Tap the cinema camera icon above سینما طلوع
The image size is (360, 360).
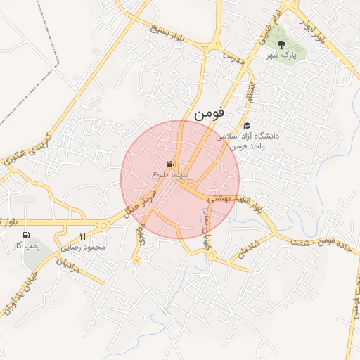click(x=171, y=163)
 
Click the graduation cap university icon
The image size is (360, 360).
click(x=247, y=125)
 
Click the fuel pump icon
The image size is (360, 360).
click(x=26, y=236)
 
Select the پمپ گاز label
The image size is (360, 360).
click(x=27, y=247)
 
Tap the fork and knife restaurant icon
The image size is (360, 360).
click(x=83, y=236)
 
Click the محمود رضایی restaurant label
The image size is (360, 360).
click(x=83, y=247)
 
